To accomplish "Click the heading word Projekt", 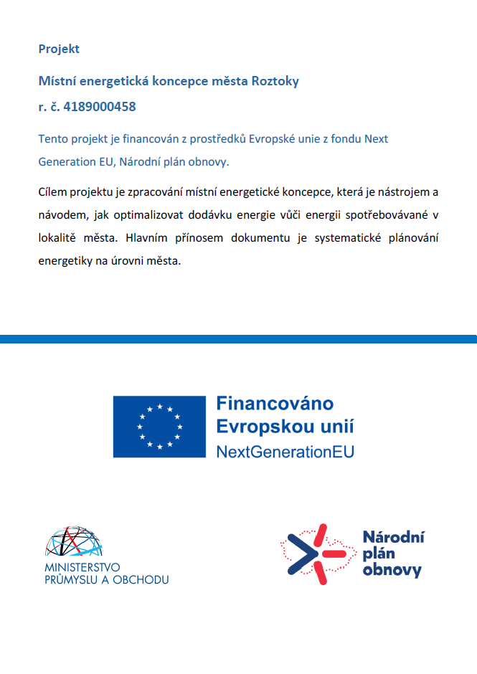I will [59, 49].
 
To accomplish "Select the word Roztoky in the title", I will [275, 81].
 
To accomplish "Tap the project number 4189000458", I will [99, 107].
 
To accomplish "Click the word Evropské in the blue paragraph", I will [274, 138].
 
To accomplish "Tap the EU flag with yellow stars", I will [159, 426].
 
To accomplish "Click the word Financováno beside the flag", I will [275, 404].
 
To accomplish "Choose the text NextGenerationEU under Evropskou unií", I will [285, 452].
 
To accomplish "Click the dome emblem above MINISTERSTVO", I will [73, 544].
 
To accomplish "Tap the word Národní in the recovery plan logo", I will [394, 537].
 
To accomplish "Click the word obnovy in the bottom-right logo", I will [392, 571].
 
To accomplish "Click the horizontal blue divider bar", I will [238, 338].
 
